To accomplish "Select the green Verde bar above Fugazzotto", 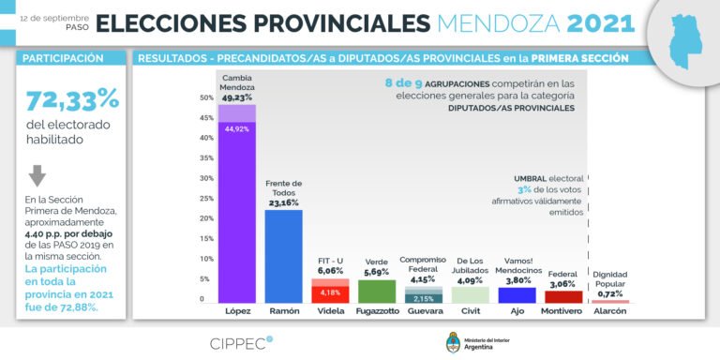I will pyautogui.click(x=377, y=291).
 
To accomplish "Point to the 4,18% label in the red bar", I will pyautogui.click(x=330, y=292).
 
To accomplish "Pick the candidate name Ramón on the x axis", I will pyautogui.click(x=283, y=309).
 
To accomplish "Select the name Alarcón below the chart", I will pyautogui.click(x=610, y=309).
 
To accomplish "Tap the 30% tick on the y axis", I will pyautogui.click(x=206, y=177).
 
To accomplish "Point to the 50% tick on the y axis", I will pyautogui.click(x=206, y=97).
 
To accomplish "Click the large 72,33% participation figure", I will pyautogui.click(x=72, y=99).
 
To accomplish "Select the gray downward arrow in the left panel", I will pyautogui.click(x=37, y=175).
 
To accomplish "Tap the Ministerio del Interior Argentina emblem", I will pyautogui.click(x=453, y=339).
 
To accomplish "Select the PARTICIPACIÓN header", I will pyautogui.click(x=64, y=57).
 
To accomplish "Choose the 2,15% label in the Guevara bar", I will pyautogui.click(x=424, y=297).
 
